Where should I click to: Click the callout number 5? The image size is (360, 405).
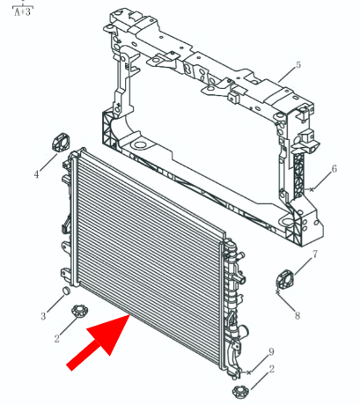click(x=298, y=65)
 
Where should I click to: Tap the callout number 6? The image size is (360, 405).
click(x=334, y=169)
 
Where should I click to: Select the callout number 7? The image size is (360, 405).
click(x=315, y=254)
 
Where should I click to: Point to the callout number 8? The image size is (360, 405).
click(x=298, y=316)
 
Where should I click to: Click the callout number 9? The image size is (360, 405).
click(x=271, y=351)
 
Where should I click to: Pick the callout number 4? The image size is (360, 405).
click(x=36, y=174)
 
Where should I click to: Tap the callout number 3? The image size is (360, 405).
click(x=43, y=316)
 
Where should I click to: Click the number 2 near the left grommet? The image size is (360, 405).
click(x=57, y=338)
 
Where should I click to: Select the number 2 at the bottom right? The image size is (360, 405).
click(x=272, y=369)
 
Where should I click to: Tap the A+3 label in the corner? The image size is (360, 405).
click(x=23, y=12)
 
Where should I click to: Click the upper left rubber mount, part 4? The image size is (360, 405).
click(x=61, y=143)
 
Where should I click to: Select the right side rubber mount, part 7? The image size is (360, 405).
click(x=284, y=278)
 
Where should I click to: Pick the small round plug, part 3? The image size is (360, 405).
click(x=67, y=291)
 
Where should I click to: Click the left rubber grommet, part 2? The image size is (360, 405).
click(x=80, y=311)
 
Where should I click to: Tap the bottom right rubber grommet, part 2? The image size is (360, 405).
click(x=240, y=392)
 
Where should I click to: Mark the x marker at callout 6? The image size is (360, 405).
click(x=312, y=189)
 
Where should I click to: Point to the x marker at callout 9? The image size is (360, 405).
click(x=249, y=372)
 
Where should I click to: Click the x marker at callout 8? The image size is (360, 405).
click(x=277, y=292)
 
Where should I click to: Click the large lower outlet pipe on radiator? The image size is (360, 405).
click(x=241, y=331)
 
